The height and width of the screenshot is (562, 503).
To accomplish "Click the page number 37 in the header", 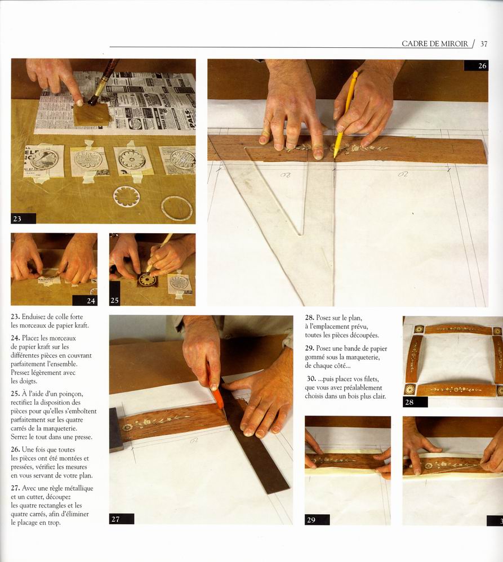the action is pyautogui.click(x=484, y=44).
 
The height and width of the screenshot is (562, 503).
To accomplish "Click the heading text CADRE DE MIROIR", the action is pyautogui.click(x=434, y=44).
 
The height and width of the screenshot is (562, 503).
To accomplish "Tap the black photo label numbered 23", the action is pyautogui.click(x=23, y=218).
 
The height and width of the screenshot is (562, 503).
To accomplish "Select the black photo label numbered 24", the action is pyautogui.click(x=85, y=300).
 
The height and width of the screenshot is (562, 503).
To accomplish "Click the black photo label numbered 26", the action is pyautogui.click(x=476, y=65).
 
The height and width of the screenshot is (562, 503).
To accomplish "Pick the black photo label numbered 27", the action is pyautogui.click(x=122, y=519).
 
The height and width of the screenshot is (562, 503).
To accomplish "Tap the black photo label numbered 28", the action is pyautogui.click(x=415, y=402).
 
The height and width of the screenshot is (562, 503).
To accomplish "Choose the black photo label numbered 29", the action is pyautogui.click(x=317, y=519).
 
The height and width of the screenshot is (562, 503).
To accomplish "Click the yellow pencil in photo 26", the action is pyautogui.click(x=346, y=113).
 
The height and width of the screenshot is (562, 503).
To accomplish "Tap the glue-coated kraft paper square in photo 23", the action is pyautogui.click(x=92, y=115).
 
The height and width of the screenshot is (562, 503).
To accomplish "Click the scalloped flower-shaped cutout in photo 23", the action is pyautogui.click(x=127, y=196).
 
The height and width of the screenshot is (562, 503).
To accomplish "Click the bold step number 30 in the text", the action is pyautogui.click(x=311, y=379).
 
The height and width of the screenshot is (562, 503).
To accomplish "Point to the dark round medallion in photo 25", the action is pyautogui.click(x=147, y=279).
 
